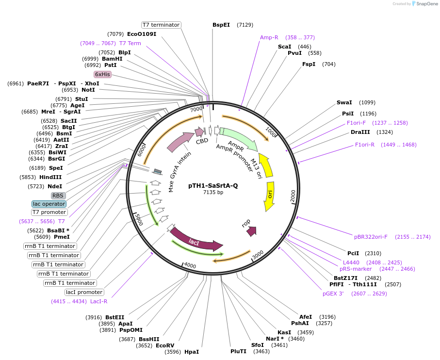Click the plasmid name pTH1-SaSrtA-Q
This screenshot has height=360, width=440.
click(x=213, y=185)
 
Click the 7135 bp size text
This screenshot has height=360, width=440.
click(x=213, y=193)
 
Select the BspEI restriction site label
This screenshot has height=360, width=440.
click(x=221, y=25)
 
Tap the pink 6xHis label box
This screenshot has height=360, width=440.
click(x=102, y=74)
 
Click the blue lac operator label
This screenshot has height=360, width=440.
click(x=49, y=204)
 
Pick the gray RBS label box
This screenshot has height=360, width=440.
click(x=58, y=196)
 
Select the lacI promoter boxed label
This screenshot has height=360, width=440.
click(x=84, y=292)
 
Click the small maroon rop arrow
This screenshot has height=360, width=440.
click(x=251, y=231)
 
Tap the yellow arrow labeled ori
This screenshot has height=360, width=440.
click(x=270, y=196)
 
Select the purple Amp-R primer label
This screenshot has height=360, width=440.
click(x=269, y=37)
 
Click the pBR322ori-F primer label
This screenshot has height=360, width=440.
click(x=371, y=237)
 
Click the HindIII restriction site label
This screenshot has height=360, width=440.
click(x=50, y=177)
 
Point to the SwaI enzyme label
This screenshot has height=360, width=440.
click(x=344, y=102)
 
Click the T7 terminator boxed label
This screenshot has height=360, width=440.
click(x=161, y=25)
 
